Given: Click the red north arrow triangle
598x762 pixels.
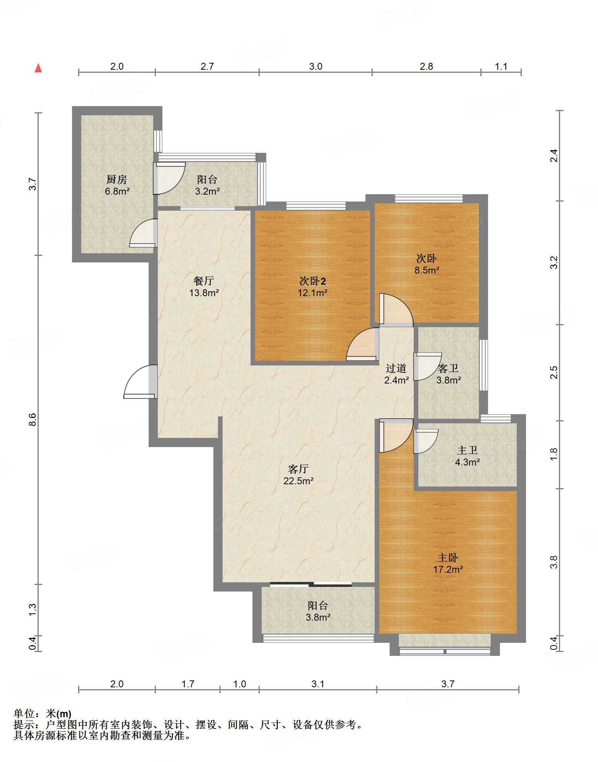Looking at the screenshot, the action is click(x=38, y=68).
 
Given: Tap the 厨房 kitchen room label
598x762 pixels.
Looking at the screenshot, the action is click(x=116, y=179).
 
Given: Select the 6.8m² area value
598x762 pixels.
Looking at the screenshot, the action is click(x=117, y=191).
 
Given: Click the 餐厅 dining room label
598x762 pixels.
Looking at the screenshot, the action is click(x=203, y=281).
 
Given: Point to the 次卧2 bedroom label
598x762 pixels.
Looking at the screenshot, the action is click(x=313, y=281).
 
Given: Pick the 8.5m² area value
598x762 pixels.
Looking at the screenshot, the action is click(x=427, y=270).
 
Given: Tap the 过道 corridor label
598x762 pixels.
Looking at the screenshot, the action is click(x=396, y=368).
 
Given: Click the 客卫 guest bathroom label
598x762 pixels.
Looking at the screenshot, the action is click(x=448, y=368).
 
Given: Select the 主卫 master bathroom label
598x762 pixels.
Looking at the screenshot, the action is click(x=467, y=450).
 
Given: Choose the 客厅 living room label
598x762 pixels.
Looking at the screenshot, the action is click(x=298, y=469).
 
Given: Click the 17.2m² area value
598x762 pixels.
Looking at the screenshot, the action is click(x=448, y=570).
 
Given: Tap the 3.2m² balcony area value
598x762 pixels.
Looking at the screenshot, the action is click(x=207, y=191).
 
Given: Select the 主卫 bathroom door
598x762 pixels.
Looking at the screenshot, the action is click(x=426, y=441).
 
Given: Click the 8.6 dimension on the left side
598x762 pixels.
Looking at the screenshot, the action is click(x=32, y=420).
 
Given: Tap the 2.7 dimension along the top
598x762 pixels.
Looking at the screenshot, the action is click(x=207, y=66).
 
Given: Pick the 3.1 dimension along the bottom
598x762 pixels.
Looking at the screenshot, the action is click(x=318, y=684).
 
